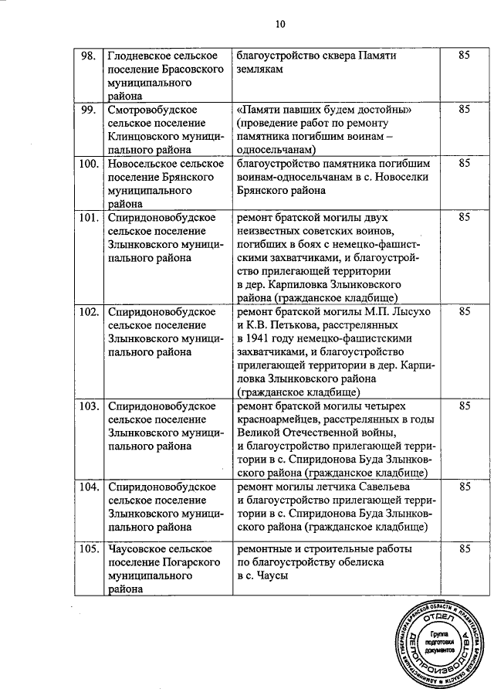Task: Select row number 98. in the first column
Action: [x=89, y=56]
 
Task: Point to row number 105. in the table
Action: [x=90, y=549]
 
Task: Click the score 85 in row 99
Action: [x=464, y=110]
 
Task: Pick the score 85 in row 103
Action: [x=464, y=405]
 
